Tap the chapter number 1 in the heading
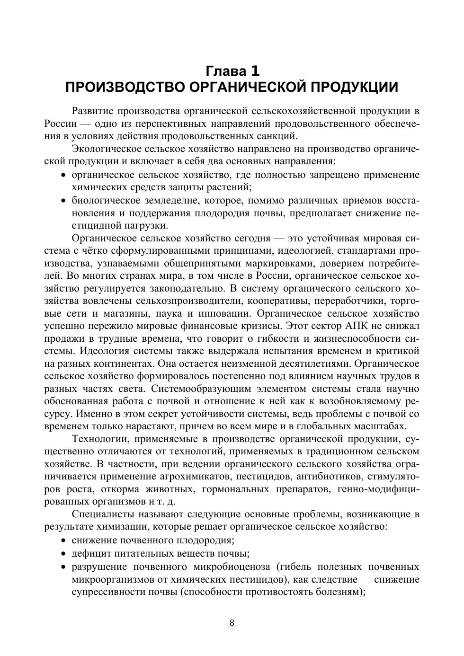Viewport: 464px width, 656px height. coord(255,71)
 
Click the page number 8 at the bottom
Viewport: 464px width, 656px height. coord(232,623)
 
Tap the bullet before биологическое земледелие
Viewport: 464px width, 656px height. coord(63,201)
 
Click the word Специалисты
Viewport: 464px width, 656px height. coord(102,514)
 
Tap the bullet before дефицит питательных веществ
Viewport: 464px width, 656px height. coord(63,554)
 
